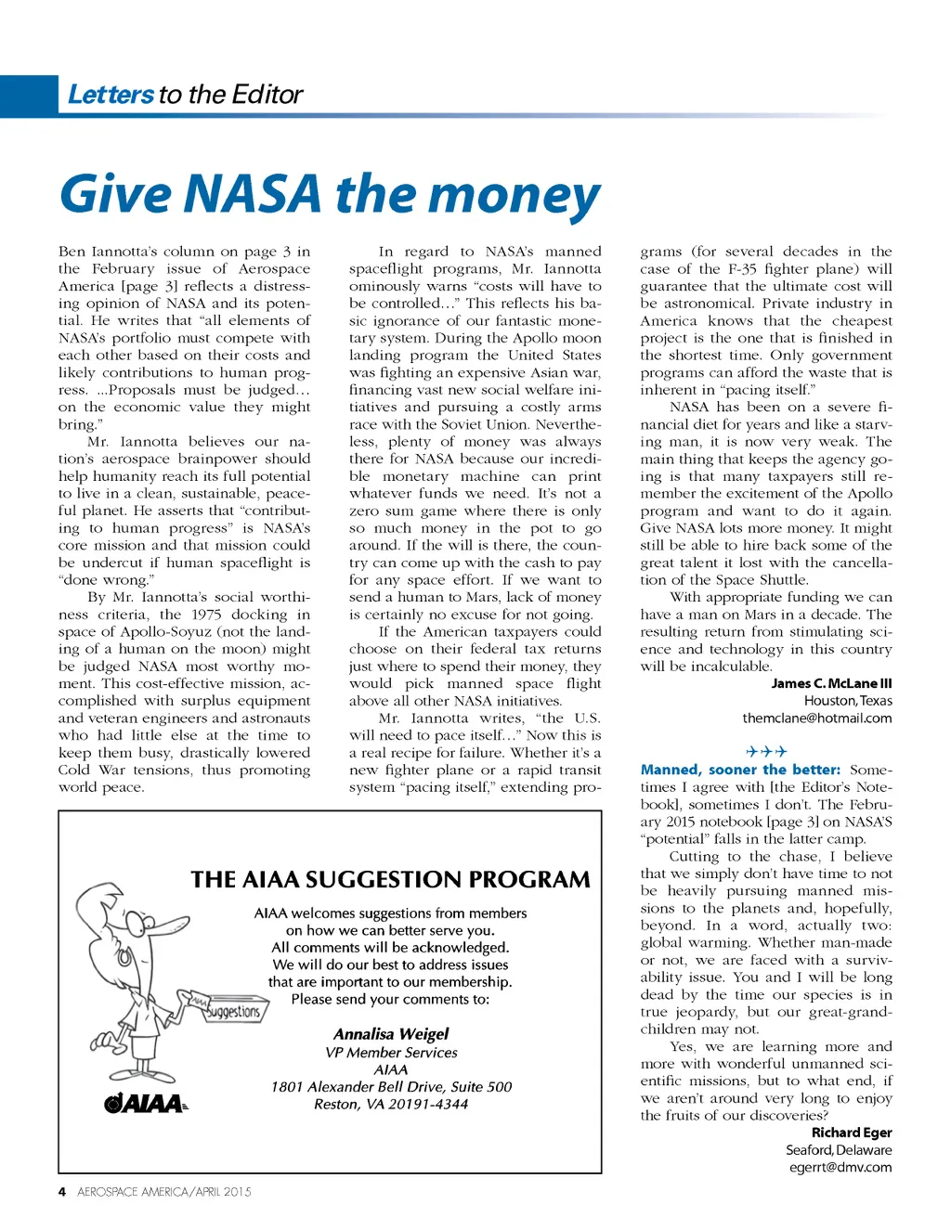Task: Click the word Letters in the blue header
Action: click(111, 95)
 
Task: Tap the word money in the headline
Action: click(515, 196)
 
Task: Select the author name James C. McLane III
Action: click(831, 683)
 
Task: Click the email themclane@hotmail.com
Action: click(816, 718)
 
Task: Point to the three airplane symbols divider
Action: click(766, 751)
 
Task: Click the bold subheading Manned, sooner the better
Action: click(740, 770)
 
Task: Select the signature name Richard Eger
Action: click(852, 1133)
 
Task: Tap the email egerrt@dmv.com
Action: click(840, 1167)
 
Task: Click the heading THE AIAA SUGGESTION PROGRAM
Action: click(390, 879)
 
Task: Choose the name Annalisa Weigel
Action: click(391, 1033)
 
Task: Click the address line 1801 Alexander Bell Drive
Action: click(391, 1086)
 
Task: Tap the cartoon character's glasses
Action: click(139, 924)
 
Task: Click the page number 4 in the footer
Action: click(62, 1191)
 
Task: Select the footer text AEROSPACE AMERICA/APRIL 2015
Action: click(164, 1191)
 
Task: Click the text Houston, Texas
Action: click(848, 701)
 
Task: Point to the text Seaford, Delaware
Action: click(839, 1149)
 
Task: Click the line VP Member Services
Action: click(391, 1053)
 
